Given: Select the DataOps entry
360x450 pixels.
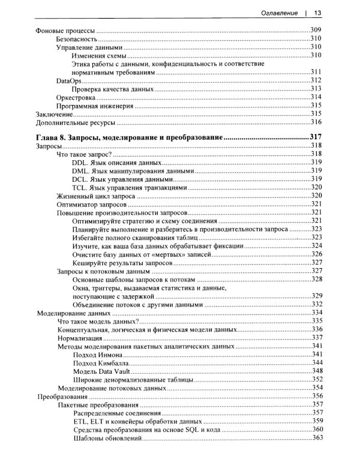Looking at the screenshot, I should [68, 80].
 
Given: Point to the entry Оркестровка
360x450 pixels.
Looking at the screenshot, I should [76, 97].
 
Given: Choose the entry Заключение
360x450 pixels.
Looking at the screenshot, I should [55, 113].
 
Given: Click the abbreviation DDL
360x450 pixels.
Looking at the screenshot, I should [79, 163].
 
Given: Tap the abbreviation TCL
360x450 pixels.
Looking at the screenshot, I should [79, 188].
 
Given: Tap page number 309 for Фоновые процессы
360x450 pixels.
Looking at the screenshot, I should [317, 30].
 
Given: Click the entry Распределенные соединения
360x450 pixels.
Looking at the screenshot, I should [116, 413].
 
